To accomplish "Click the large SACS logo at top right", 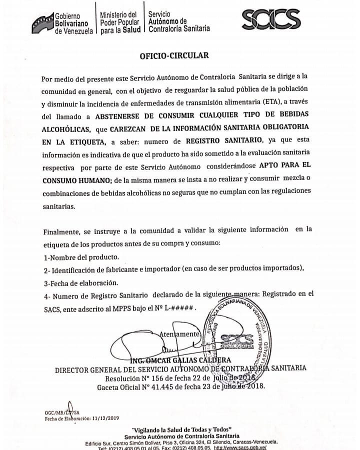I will pos(278,20).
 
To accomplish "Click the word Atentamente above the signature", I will pos(179,333).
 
